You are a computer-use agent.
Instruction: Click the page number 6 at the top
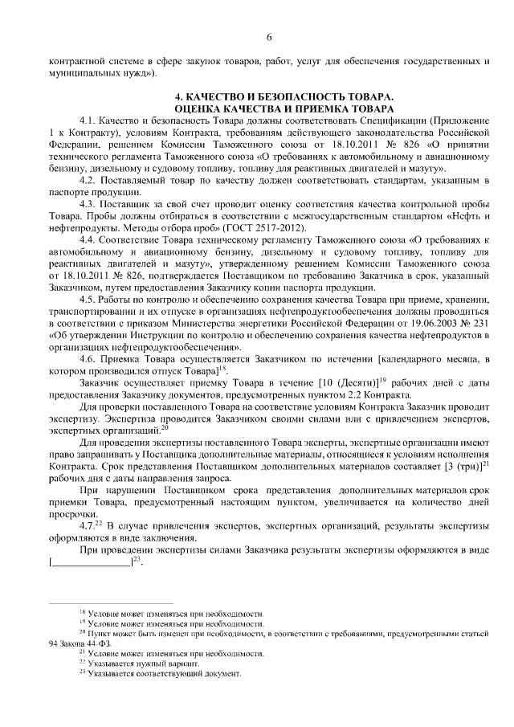click(x=269, y=36)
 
